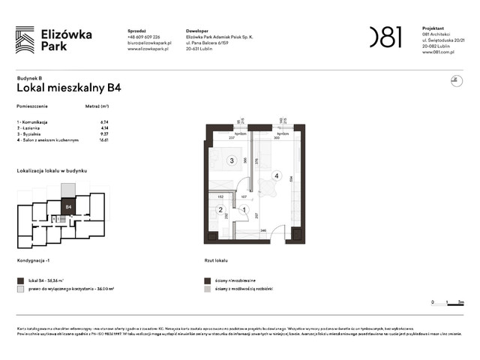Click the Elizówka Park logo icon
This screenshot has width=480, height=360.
coord(25,39)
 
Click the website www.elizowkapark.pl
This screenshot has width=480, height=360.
coord(148,49)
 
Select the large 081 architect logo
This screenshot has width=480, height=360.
coord(385,37)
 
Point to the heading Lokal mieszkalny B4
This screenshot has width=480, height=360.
coord(69,87)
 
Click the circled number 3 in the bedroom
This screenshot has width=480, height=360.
coord(232,160)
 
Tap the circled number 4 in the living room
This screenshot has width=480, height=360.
coord(277,177)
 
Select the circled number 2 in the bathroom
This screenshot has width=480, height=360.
coord(220,210)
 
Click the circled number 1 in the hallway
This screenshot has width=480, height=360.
coord(243,210)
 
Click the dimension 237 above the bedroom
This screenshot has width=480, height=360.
coord(232,137)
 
